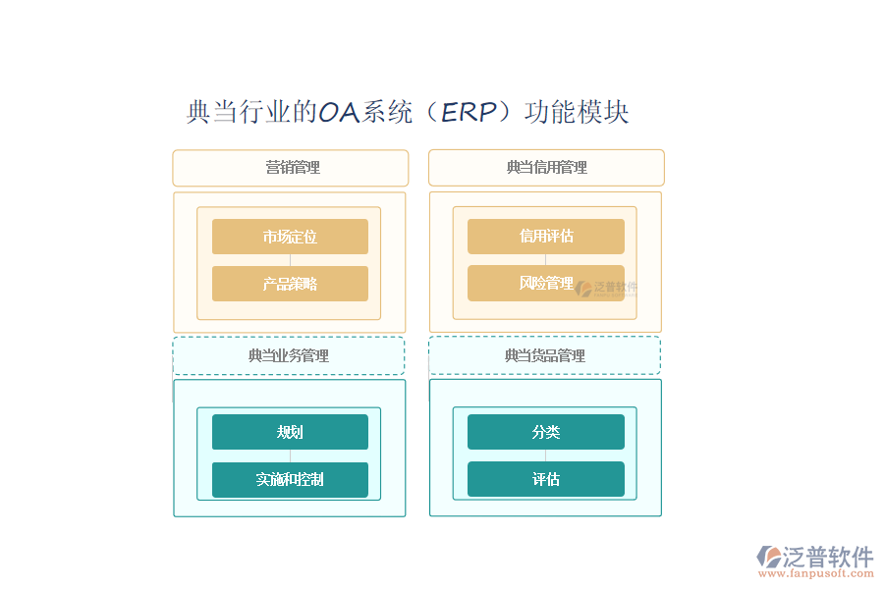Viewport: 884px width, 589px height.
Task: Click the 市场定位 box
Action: pos(290,237)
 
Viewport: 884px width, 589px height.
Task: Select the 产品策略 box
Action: pos(290,284)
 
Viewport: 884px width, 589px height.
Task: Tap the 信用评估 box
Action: pos(545,237)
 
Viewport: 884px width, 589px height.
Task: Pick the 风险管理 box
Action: pos(545,284)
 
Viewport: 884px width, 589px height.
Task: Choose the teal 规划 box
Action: pos(290,432)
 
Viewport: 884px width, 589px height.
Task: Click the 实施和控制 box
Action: pos(290,480)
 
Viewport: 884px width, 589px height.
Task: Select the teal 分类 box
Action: pos(545,432)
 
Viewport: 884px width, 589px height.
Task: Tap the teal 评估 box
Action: pos(545,479)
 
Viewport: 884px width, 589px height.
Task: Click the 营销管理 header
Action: pos(291,168)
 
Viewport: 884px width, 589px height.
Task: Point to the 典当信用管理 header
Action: pos(546,168)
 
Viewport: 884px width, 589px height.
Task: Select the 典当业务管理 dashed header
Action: pos(289,355)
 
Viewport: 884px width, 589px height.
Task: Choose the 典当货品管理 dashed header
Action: pos(544,355)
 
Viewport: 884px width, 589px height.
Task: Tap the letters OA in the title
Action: pos(339,112)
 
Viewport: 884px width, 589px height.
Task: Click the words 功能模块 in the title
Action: pos(577,112)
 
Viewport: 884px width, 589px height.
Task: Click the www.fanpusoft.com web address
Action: pos(816,575)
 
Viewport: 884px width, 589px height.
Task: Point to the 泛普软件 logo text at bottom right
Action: pos(828,557)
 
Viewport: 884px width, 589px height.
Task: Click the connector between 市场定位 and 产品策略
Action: pos(290,260)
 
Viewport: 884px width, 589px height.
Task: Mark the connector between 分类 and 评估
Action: pos(545,455)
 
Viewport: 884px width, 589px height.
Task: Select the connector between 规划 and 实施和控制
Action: pos(290,456)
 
